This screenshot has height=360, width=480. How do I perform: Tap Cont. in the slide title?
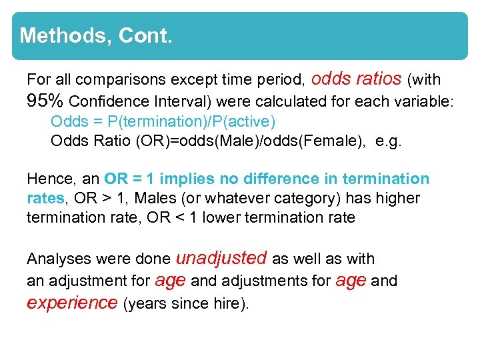145,35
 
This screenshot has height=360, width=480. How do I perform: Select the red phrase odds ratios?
356,79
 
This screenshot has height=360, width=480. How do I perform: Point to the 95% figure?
45,101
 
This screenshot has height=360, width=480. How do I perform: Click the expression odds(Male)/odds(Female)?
269,141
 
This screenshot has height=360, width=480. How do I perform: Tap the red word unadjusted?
221,258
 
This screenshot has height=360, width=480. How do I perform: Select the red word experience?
72,303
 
